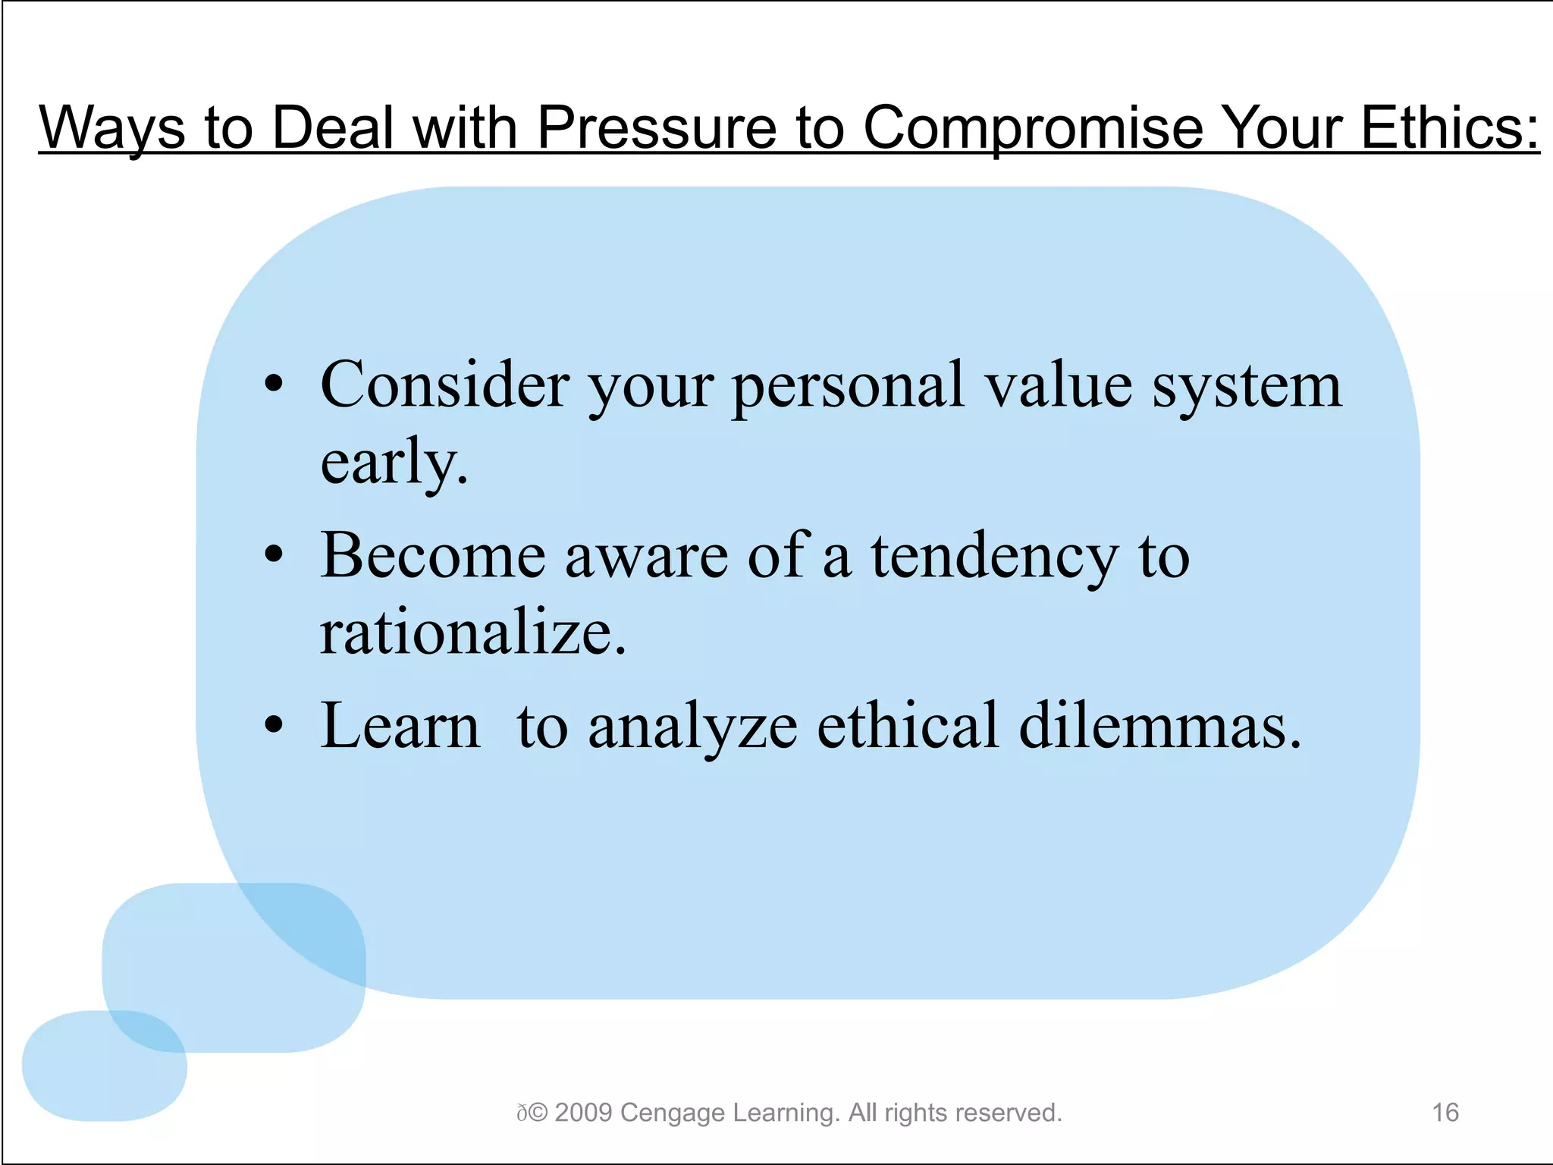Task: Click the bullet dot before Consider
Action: (274, 385)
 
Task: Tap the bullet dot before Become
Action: (274, 555)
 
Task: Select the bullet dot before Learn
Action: (274, 726)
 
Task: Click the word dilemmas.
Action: (1160, 726)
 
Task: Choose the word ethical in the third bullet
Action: (908, 726)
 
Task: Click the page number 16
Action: (1445, 1113)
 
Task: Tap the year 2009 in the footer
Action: (583, 1113)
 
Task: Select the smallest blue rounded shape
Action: (104, 1066)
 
